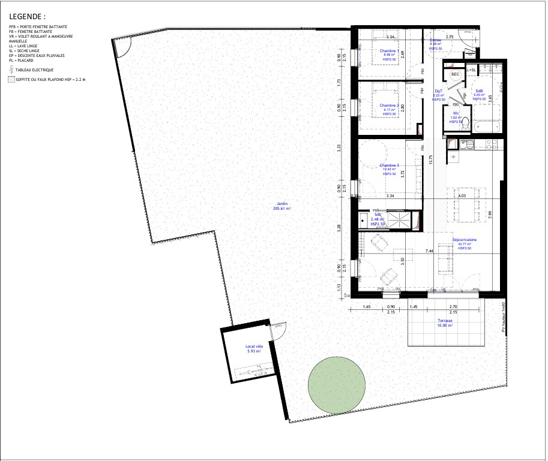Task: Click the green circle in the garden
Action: pos(337,384)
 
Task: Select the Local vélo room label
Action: pos(255,349)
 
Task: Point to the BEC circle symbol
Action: pos(456,74)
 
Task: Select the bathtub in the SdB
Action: pos(487,126)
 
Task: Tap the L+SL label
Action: pos(471,70)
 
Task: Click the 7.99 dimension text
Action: pos(490,213)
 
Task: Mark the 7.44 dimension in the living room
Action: pos(430,251)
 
